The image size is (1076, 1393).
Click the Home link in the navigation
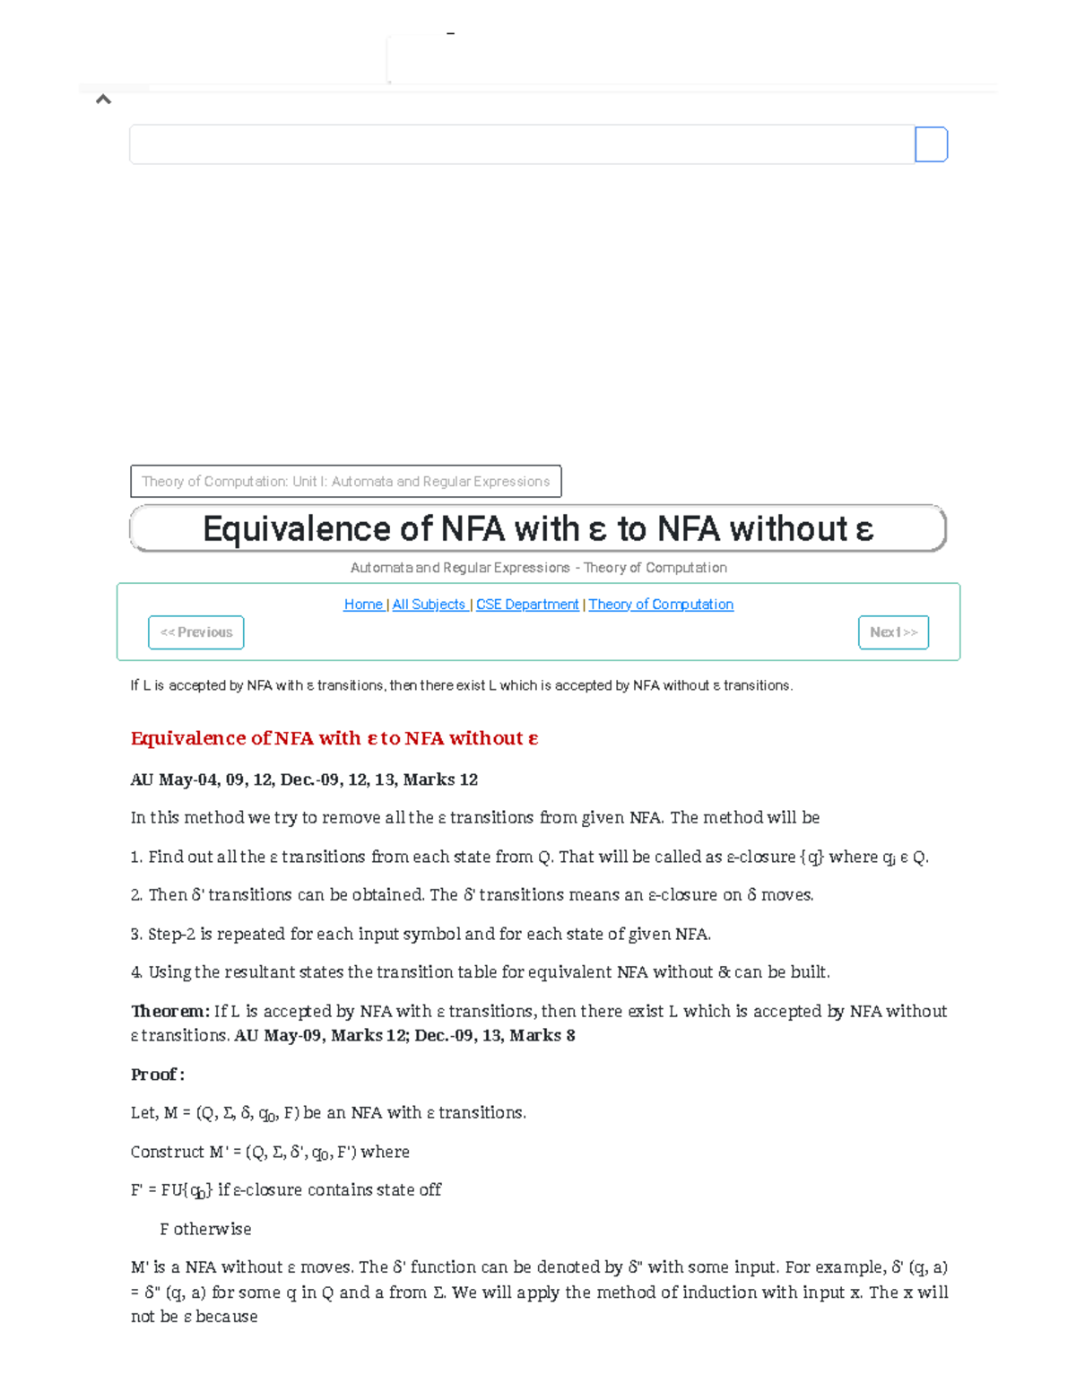point(363,605)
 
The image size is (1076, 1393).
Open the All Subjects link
point(429,605)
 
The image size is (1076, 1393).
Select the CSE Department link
point(527,605)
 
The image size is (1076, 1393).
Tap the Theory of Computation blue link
point(661,605)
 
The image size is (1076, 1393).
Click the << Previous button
point(195,632)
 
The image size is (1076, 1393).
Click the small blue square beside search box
point(931,144)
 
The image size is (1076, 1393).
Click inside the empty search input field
point(520,144)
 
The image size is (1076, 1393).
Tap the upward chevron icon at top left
point(103,100)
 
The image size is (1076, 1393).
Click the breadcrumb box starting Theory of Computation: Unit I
point(345,482)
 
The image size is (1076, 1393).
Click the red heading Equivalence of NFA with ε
point(334,738)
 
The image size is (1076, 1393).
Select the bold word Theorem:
point(169,1011)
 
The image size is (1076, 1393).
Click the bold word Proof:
point(157,1075)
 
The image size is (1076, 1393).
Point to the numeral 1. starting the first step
point(136,857)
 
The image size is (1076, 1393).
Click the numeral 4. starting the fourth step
point(136,972)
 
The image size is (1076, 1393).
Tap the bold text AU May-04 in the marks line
point(174,779)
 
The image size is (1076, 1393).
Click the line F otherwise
point(205,1229)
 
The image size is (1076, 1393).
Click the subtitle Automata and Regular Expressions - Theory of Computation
point(538,568)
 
